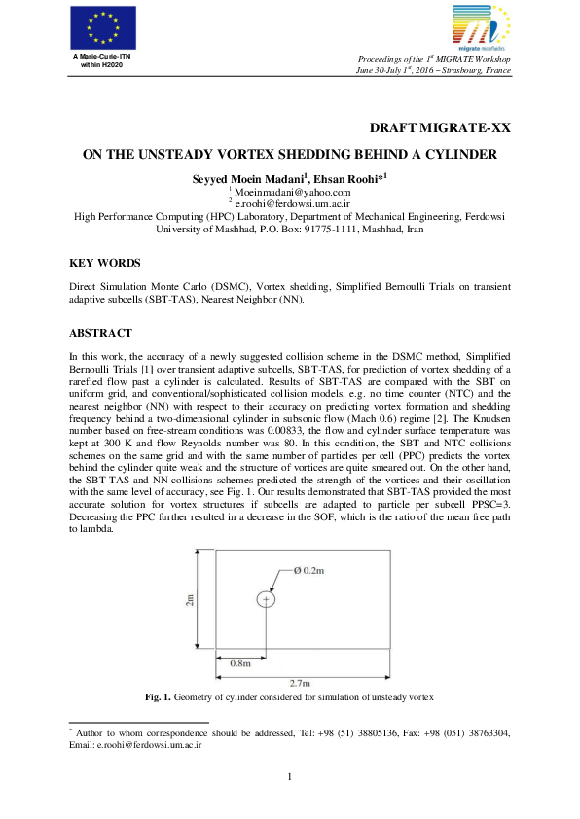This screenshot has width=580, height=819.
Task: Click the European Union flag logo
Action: click(96, 27)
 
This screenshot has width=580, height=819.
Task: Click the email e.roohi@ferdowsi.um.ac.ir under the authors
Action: click(292, 203)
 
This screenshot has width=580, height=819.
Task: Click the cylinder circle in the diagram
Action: click(266, 600)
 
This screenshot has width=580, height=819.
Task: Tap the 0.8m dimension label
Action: click(239, 661)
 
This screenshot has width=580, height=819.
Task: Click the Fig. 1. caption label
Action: click(159, 696)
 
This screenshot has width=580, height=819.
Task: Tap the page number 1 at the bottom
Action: click(290, 775)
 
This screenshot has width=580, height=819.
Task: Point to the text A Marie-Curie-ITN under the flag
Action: click(96, 57)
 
